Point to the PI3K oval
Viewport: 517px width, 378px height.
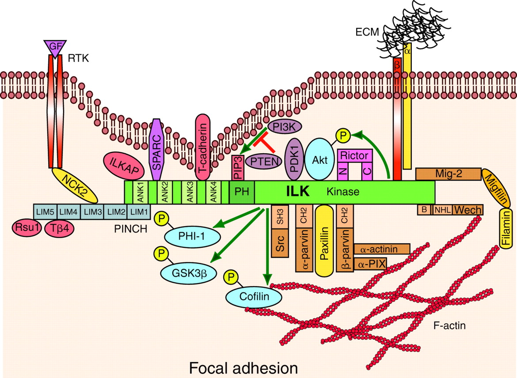tap(284, 127)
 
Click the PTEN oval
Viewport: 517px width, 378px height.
tap(264, 161)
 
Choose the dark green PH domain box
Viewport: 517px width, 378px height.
tap(242, 192)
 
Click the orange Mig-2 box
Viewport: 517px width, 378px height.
tap(448, 174)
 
